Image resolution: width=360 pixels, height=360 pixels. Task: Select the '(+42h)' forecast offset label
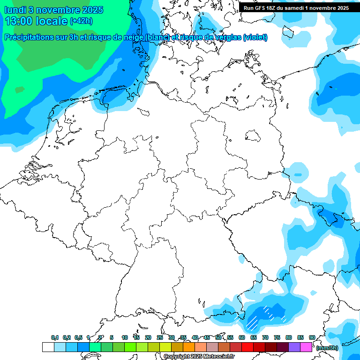[81, 21]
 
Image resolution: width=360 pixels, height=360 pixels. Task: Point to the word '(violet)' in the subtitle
[255, 37]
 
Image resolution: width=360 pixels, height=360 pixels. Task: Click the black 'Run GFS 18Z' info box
[296, 7]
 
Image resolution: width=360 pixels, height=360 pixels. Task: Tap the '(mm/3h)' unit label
[327, 348]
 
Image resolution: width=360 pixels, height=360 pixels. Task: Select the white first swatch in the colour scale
[48, 347]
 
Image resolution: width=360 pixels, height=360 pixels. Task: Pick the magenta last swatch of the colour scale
[306, 347]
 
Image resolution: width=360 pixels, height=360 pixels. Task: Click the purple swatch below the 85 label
[294, 347]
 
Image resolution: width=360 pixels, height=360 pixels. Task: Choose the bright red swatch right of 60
[247, 347]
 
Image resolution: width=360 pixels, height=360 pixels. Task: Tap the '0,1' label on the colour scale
[55, 338]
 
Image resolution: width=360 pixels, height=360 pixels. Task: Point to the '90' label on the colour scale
[312, 338]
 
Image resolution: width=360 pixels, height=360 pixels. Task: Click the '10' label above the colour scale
[125, 338]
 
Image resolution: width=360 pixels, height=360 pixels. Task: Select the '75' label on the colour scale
[277, 338]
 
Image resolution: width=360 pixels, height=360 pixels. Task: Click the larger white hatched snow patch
[252, 321]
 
